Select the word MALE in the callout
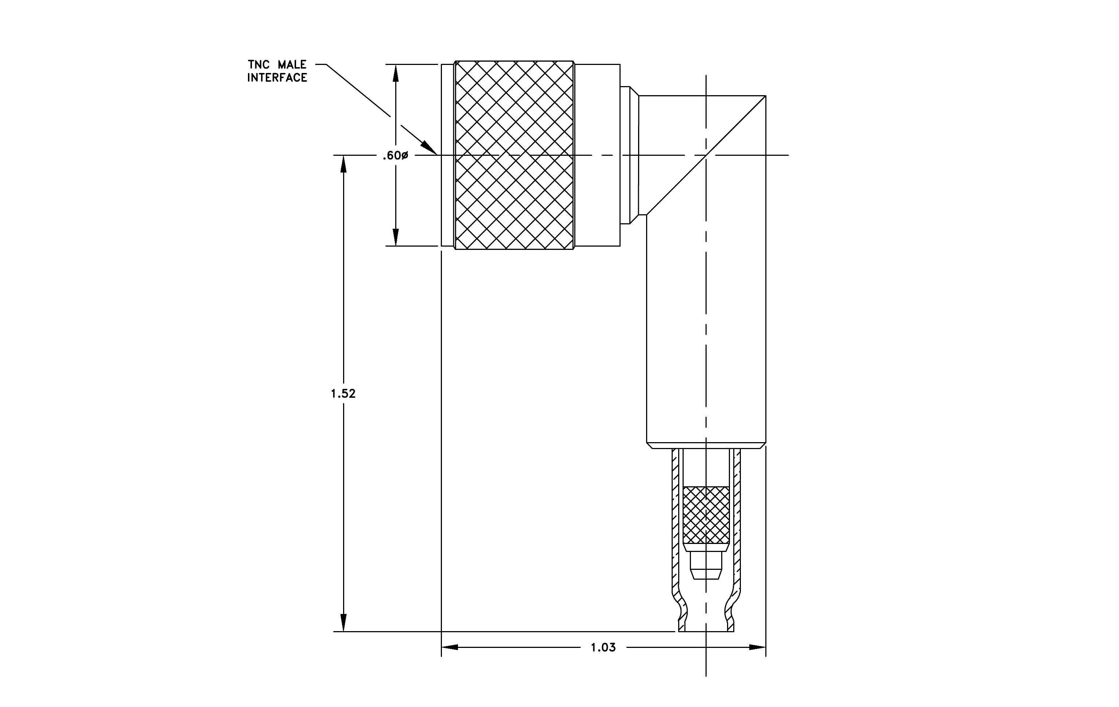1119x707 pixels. point(292,65)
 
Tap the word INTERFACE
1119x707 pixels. point(277,78)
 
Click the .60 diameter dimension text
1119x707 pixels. point(396,156)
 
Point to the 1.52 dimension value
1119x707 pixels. point(343,394)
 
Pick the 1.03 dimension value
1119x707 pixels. point(603,648)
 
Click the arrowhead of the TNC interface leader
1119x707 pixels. point(429,148)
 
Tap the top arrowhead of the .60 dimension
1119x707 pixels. point(396,73)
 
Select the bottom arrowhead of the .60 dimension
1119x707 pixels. point(396,237)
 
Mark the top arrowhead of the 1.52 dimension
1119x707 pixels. point(343,164)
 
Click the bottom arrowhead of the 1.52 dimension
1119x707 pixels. point(343,623)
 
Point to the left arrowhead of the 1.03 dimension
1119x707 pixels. point(450,647)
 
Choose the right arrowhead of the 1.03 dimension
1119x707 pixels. point(757,647)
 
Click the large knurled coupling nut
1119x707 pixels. point(514,155)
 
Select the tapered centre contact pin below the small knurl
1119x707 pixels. point(706,565)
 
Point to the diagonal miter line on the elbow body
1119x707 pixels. point(706,155)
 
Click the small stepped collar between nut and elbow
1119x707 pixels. point(629,155)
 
